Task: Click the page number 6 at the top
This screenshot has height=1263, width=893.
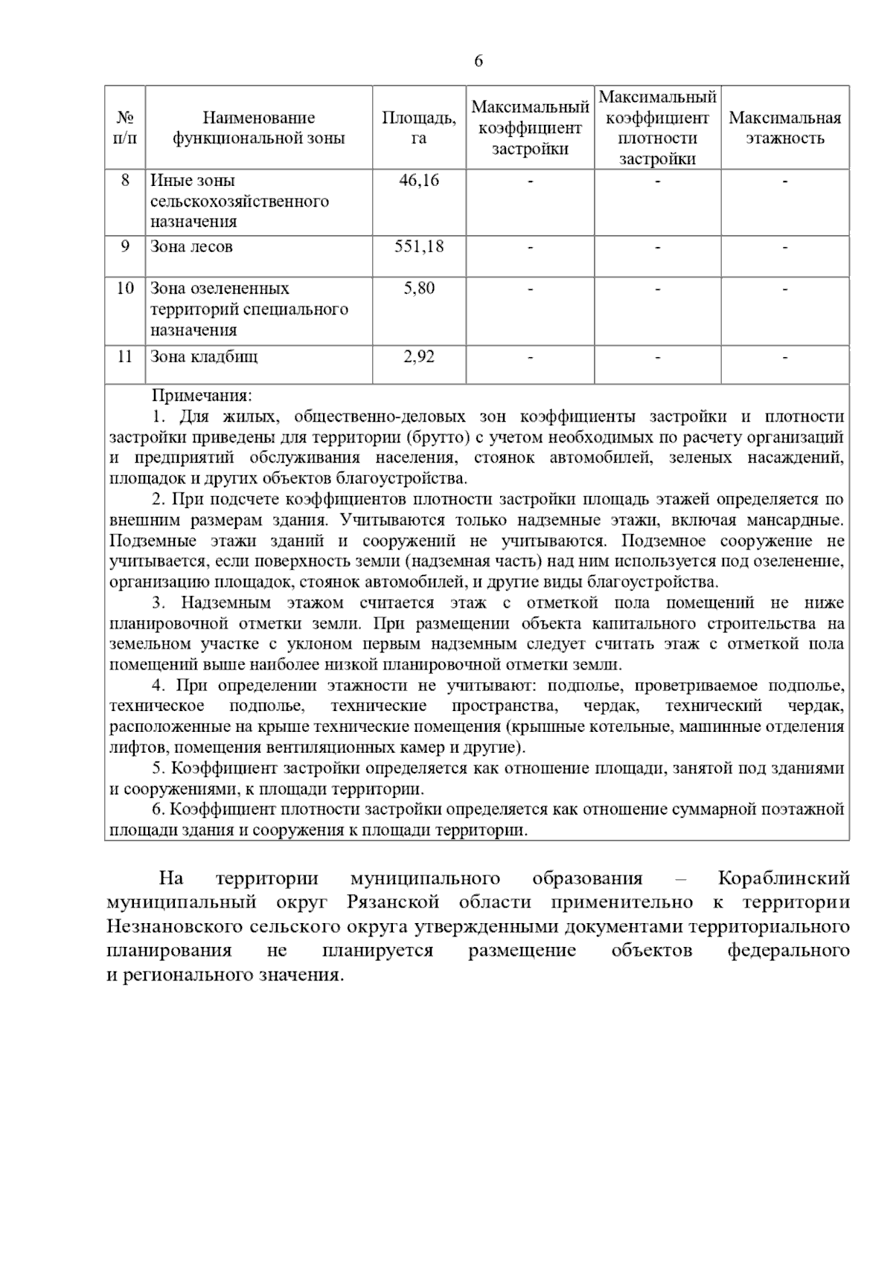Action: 478,62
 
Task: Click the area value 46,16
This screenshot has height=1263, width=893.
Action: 419,181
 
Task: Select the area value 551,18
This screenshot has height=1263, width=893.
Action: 419,247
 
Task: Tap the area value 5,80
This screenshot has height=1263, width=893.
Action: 419,289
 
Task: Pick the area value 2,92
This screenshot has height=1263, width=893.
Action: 419,357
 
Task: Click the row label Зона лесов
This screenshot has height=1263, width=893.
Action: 191,247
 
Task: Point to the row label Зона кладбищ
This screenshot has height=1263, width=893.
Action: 204,357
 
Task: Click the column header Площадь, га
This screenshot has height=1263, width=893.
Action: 419,128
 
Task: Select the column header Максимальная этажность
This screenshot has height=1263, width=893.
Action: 784,128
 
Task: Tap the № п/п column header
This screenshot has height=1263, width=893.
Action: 125,128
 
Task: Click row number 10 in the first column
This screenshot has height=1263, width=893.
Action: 125,289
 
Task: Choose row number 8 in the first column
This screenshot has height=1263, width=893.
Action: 125,181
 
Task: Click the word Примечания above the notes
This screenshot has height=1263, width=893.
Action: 202,396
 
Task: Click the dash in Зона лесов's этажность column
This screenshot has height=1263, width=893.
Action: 784,247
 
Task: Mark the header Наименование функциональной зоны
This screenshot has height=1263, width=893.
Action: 259,128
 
